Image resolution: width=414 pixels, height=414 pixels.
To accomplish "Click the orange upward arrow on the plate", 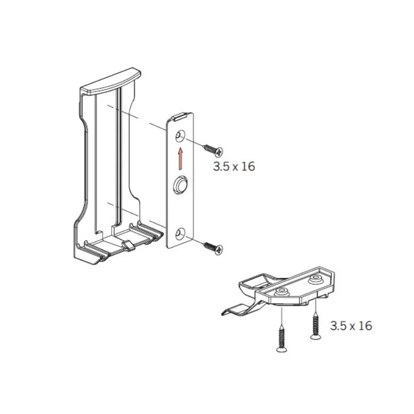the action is click(x=180, y=158).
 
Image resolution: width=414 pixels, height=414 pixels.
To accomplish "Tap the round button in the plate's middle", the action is click(x=180, y=183).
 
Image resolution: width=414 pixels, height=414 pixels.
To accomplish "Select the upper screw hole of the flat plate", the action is click(x=180, y=136).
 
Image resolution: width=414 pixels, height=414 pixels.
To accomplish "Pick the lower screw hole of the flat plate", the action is click(x=180, y=234).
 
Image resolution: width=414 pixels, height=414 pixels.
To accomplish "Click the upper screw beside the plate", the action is click(x=214, y=149).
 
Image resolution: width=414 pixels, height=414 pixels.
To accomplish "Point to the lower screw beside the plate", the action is click(x=214, y=248).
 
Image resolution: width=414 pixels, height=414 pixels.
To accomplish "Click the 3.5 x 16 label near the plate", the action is click(x=234, y=167).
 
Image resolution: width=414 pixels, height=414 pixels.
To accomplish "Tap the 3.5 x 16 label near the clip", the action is click(x=351, y=326).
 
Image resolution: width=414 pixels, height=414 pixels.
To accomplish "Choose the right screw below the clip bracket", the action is click(x=315, y=326).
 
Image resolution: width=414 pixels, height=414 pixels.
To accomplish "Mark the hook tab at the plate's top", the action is click(x=179, y=117).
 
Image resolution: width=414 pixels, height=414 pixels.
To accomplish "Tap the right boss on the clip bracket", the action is click(x=316, y=279).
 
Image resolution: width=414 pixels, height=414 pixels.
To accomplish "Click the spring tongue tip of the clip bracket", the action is click(x=224, y=312).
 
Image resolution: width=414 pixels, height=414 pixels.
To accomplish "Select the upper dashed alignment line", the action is click(x=136, y=118).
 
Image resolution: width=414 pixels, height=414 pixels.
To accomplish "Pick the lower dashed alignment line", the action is click(x=136, y=215).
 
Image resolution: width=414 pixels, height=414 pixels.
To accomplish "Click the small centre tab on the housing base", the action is click(x=129, y=246).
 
